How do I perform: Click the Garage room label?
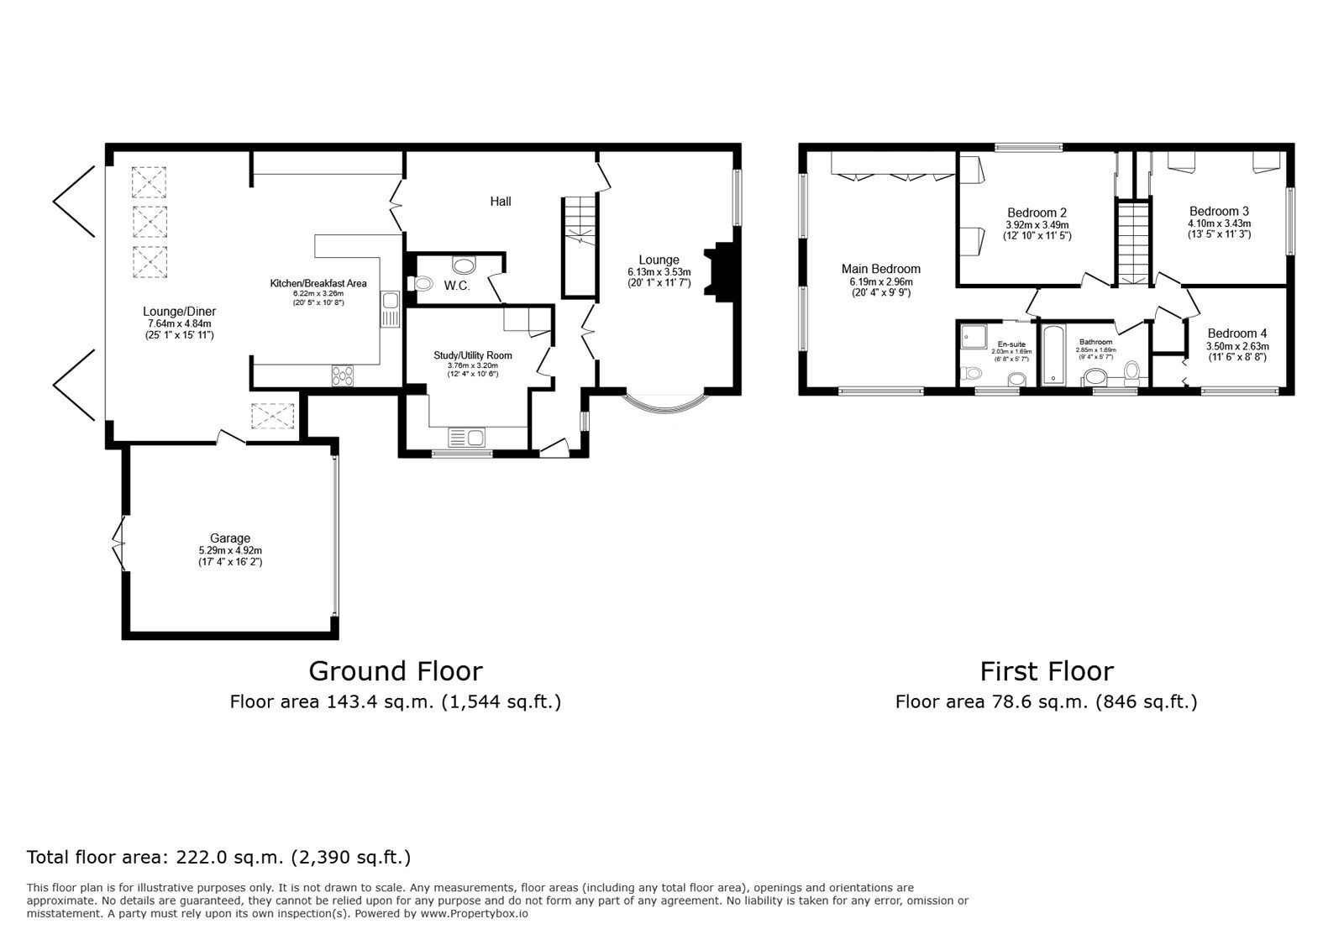(x=230, y=538)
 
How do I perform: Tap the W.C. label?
(x=456, y=286)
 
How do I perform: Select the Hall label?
(x=501, y=202)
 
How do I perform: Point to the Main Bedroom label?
(x=880, y=269)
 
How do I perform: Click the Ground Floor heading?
(x=395, y=671)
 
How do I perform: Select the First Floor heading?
(x=1046, y=671)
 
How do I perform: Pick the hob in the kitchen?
(x=343, y=375)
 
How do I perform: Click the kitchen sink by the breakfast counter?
(x=390, y=309)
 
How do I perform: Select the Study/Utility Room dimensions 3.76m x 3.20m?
(x=472, y=365)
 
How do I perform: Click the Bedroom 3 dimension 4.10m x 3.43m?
(x=1219, y=223)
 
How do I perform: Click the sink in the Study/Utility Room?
(x=467, y=438)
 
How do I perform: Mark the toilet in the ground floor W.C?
(x=423, y=283)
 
